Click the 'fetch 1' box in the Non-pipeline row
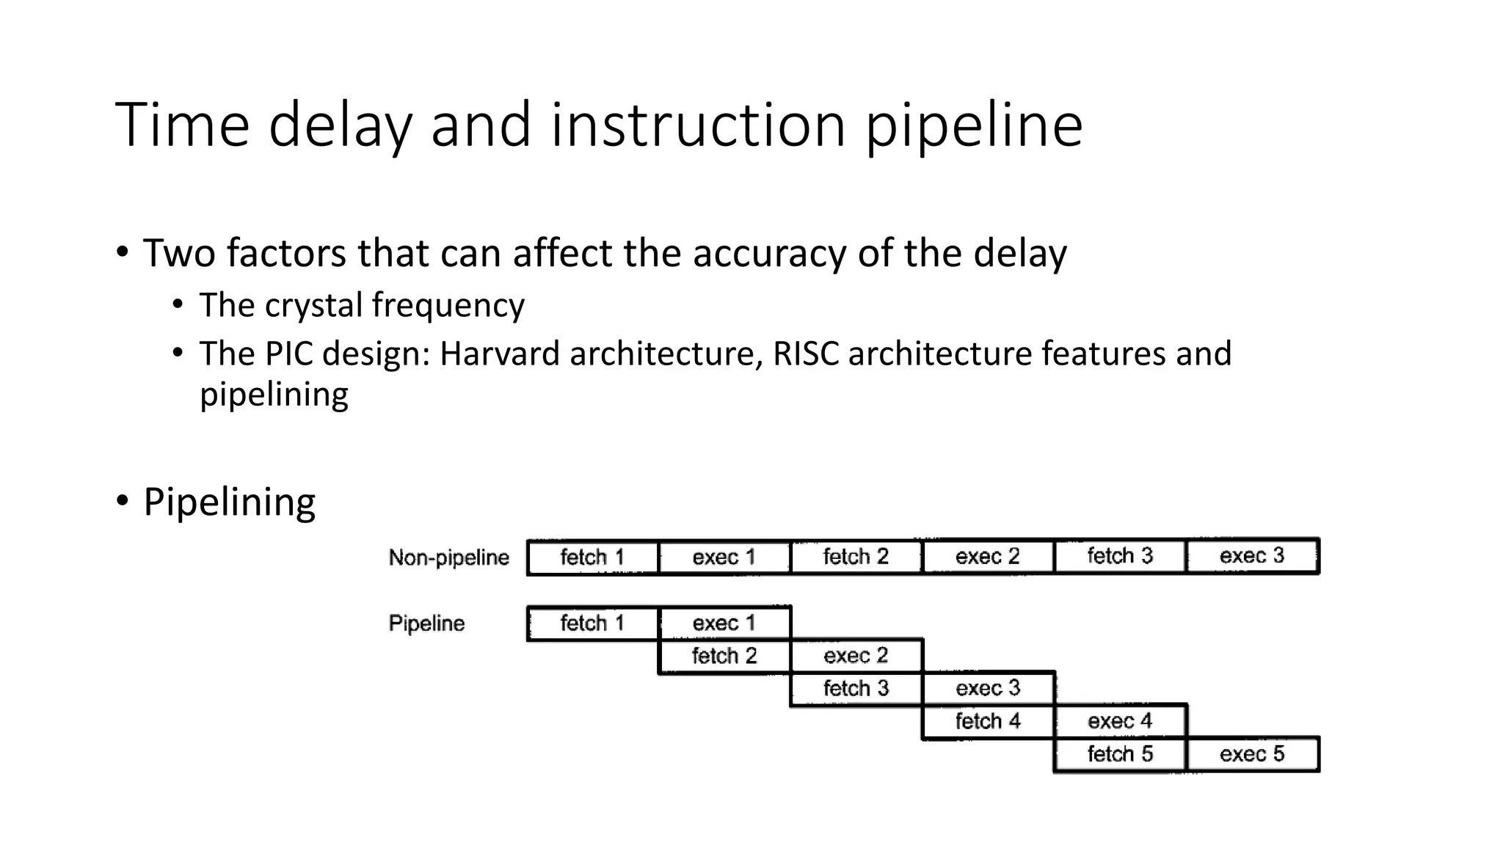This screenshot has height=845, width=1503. pyautogui.click(x=592, y=557)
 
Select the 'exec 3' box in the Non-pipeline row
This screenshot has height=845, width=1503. pyautogui.click(x=1252, y=556)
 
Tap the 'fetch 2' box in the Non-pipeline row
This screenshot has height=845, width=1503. pyautogui.click(x=856, y=557)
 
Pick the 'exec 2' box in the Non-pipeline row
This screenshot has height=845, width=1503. pyautogui.click(x=988, y=557)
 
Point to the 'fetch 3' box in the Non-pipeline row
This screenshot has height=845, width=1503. pyautogui.click(x=1120, y=556)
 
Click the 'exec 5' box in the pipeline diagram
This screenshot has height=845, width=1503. pyautogui.click(x=1252, y=754)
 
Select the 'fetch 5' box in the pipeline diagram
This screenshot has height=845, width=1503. pyautogui.click(x=1120, y=754)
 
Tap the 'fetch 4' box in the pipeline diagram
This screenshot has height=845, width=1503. pyautogui.click(x=988, y=721)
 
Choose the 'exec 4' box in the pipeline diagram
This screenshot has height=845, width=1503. pyautogui.click(x=1120, y=721)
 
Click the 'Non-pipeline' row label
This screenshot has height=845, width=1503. pyautogui.click(x=448, y=557)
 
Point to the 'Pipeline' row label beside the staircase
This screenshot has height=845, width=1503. pyautogui.click(x=426, y=623)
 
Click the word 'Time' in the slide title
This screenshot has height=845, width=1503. pyautogui.click(x=183, y=125)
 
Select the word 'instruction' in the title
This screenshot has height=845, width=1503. pyautogui.click(x=699, y=125)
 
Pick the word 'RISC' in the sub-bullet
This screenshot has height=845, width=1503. pyautogui.click(x=805, y=354)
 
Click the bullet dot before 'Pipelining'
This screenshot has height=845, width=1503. pyautogui.click(x=122, y=502)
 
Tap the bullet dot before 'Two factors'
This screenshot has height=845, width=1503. pyautogui.click(x=122, y=253)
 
